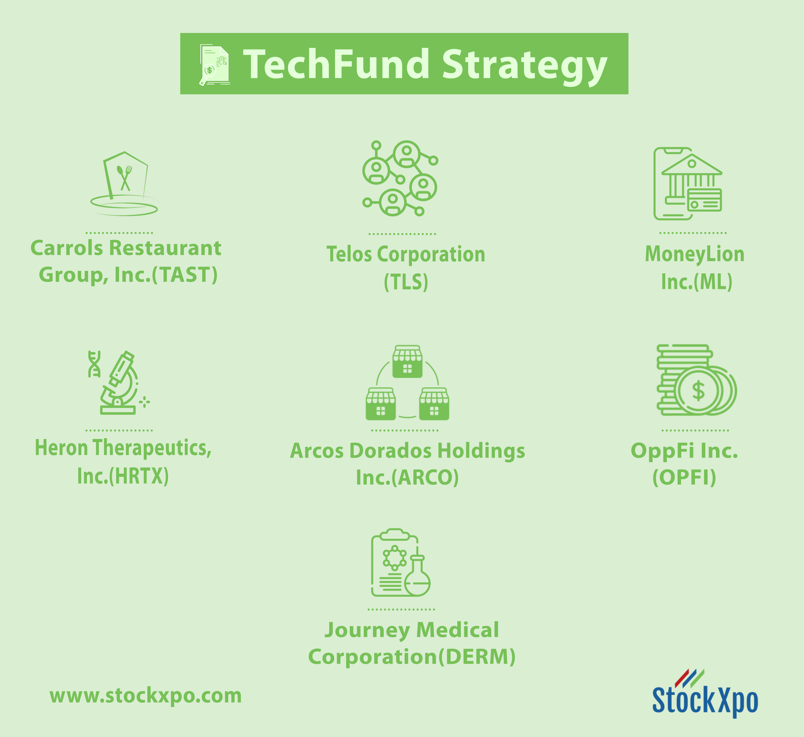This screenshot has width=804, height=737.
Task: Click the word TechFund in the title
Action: tap(336, 64)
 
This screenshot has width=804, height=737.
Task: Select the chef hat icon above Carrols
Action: tap(124, 183)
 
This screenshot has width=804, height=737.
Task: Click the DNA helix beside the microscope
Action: tap(94, 364)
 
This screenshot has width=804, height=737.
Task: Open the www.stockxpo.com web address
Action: tap(146, 696)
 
